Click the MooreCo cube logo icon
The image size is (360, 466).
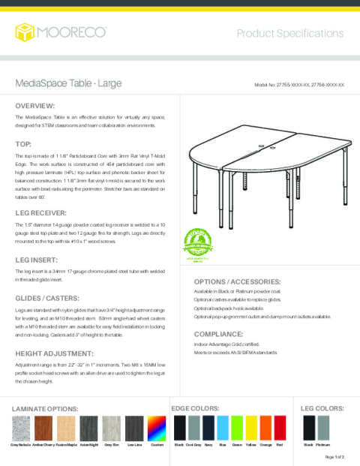click(x=25, y=33)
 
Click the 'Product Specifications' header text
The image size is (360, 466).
click(x=290, y=34)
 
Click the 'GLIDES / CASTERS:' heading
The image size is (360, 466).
click(x=49, y=298)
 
